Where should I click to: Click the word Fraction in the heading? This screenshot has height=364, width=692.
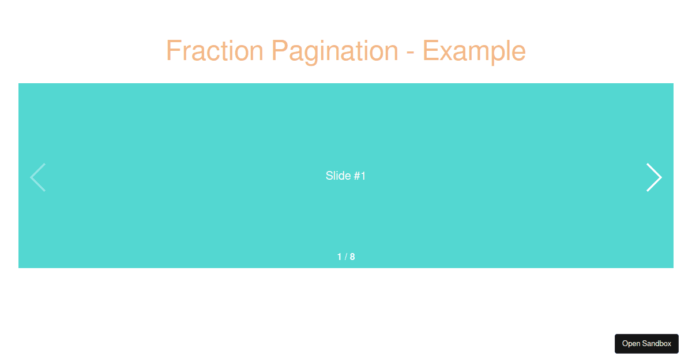pyautogui.click(x=215, y=51)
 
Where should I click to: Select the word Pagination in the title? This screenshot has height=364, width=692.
pyautogui.click(x=335, y=53)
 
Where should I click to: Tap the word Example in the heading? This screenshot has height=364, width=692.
pyautogui.click(x=474, y=53)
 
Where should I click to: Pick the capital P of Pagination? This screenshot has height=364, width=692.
pyautogui.click(x=280, y=50)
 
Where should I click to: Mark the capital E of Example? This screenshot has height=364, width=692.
pyautogui.click(x=431, y=50)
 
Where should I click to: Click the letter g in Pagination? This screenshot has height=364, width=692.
pyautogui.click(x=312, y=55)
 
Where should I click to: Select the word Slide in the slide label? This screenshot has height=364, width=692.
pyautogui.click(x=339, y=176)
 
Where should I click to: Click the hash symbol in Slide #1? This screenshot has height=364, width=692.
pyautogui.click(x=357, y=176)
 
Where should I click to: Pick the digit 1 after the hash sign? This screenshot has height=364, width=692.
pyautogui.click(x=363, y=176)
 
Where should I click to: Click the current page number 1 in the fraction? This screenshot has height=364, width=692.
pyautogui.click(x=339, y=257)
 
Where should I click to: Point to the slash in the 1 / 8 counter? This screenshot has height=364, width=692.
pyautogui.click(x=346, y=257)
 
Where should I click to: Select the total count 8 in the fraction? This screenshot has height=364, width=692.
pyautogui.click(x=352, y=257)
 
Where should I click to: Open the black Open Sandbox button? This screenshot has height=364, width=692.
pyautogui.click(x=646, y=344)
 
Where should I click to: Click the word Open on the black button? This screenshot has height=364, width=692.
pyautogui.click(x=631, y=344)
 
